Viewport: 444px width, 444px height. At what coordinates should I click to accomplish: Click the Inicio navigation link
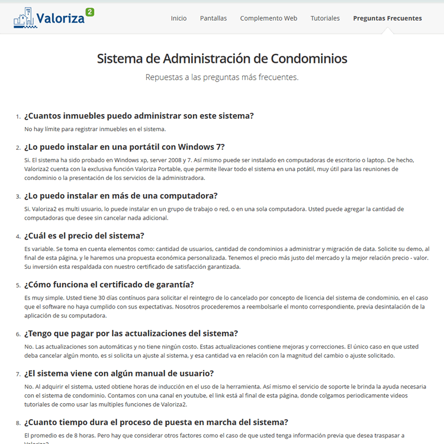178,18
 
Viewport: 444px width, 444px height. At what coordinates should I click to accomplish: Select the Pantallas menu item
213,18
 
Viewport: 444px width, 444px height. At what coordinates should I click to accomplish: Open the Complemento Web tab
268,18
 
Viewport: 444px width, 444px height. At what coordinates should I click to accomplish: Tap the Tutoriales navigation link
325,18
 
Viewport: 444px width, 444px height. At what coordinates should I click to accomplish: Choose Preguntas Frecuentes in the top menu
387,18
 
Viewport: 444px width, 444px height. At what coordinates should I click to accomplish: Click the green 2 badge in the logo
89,12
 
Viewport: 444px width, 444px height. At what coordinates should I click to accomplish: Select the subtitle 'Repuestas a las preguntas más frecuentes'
222,77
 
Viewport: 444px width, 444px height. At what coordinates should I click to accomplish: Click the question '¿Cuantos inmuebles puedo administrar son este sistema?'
139,115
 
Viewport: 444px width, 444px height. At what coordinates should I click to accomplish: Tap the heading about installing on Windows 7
124,147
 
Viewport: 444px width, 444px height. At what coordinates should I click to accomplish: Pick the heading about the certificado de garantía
109,285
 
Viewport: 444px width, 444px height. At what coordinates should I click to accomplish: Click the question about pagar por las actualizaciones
131,333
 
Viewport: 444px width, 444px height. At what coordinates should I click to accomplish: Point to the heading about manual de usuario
119,374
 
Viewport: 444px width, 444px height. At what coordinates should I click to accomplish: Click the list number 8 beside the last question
18,423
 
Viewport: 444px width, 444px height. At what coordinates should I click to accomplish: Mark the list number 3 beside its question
18,197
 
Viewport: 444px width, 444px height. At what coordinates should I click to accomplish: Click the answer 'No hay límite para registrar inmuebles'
95,128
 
